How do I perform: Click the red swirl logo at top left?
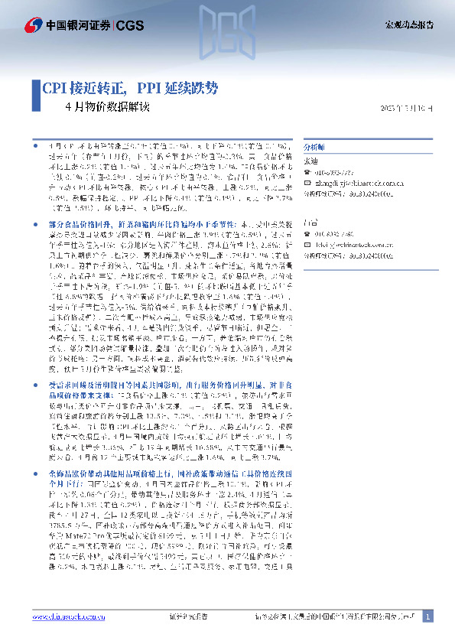coord(33,25)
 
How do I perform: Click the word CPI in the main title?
coord(54,87)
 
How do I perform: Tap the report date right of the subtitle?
coord(407,108)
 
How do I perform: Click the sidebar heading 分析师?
coord(314,145)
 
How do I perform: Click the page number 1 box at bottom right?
coord(427,616)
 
